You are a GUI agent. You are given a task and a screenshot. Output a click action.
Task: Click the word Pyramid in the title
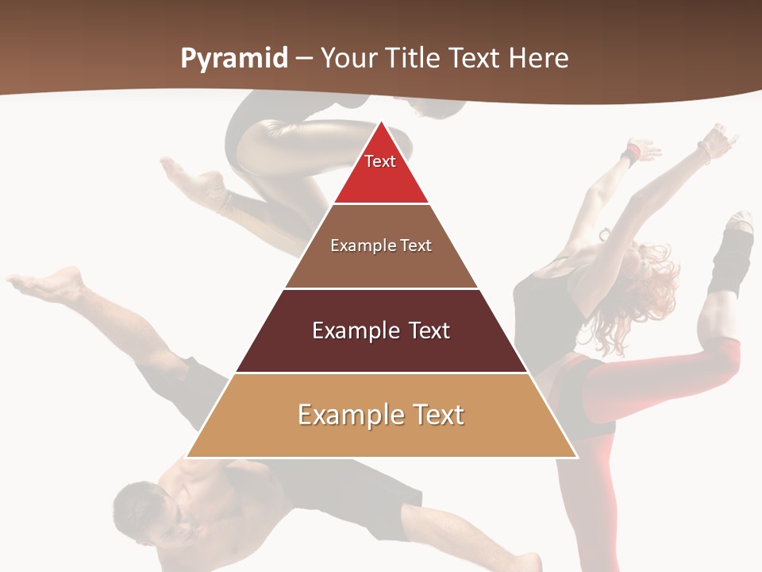click(x=233, y=59)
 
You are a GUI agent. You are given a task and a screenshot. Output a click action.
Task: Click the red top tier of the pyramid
click(x=381, y=179)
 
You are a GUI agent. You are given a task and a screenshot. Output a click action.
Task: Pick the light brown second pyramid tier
click(x=381, y=266)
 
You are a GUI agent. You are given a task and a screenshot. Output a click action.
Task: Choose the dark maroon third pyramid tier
click(x=381, y=350)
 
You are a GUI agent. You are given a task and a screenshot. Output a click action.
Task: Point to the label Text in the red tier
click(x=380, y=161)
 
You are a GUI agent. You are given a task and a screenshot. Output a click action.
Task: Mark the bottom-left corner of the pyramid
click(x=187, y=457)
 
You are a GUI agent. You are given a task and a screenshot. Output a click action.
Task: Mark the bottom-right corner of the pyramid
click(x=576, y=457)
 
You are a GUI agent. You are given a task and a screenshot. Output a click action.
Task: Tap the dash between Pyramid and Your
click(x=304, y=59)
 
